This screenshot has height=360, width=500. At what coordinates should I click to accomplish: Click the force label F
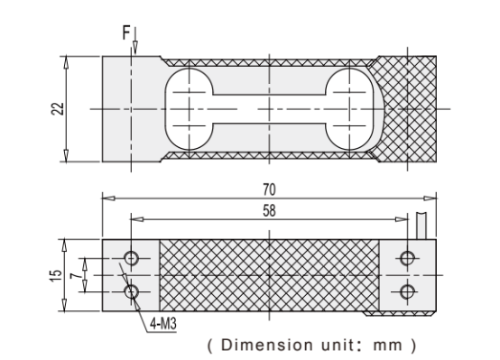[x=126, y=32]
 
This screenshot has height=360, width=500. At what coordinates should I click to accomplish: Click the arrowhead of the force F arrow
[x=135, y=48]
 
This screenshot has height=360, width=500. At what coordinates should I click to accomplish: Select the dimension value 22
[x=58, y=109]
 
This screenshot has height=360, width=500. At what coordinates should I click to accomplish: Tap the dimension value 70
[x=269, y=189]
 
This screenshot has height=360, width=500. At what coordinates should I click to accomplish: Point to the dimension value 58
[x=269, y=211]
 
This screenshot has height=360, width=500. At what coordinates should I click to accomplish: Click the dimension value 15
[x=56, y=275]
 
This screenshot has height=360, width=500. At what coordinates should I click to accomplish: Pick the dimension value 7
[x=76, y=275]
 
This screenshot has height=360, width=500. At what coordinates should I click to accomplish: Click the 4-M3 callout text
[x=163, y=324]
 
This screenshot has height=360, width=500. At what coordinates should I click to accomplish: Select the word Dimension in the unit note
[x=266, y=345]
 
